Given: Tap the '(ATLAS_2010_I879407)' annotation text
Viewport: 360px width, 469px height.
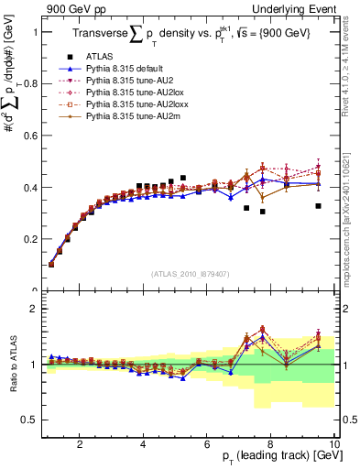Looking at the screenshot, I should click(x=190, y=273).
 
